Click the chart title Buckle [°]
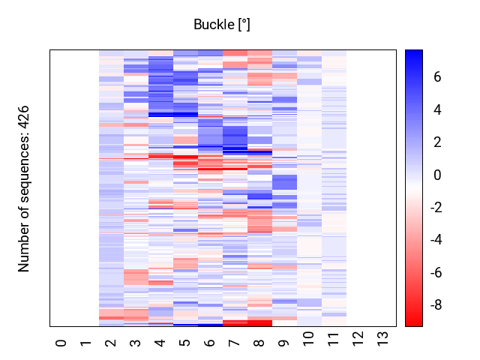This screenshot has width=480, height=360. [221, 25]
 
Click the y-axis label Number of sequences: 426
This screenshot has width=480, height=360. [24, 187]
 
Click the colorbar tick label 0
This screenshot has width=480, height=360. [436, 175]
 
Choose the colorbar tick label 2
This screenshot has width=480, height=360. [436, 142]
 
